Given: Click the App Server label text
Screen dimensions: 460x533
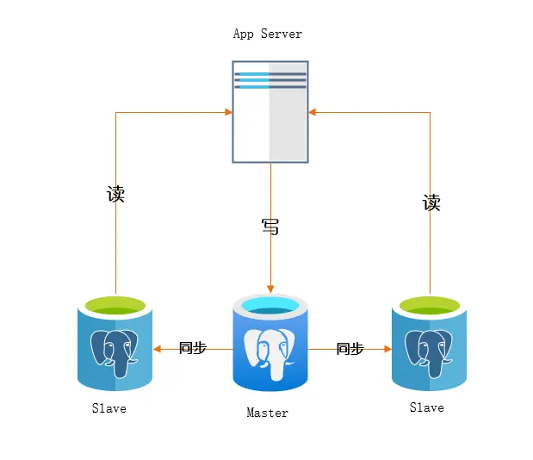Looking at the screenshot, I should tap(268, 34).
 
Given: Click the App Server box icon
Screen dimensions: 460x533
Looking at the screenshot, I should tap(270, 111).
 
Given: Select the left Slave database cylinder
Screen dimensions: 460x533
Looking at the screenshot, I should tap(115, 344).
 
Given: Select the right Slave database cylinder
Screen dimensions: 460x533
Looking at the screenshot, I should tap(429, 344).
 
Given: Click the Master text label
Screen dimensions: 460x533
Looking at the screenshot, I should tap(267, 413).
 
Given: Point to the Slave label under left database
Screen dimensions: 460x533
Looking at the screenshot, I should tap(109, 408).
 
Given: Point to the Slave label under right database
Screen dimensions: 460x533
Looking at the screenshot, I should tap(426, 407).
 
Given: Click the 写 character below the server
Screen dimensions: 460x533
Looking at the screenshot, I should tap(270, 227).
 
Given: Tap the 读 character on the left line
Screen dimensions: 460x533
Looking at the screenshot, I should tap(115, 194).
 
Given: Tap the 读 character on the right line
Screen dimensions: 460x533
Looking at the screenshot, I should tap(431, 203).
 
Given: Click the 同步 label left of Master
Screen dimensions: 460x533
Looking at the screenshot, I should tap(192, 349).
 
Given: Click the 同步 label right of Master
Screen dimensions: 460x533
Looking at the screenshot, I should tap(350, 349).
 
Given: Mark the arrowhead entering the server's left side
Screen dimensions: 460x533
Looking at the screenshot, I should tap(228, 111).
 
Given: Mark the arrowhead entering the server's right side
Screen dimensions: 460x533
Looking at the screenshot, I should tap(313, 111).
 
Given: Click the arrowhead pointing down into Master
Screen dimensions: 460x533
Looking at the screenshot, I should tap(270, 288).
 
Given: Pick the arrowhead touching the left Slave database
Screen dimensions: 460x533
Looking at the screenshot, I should tap(157, 349).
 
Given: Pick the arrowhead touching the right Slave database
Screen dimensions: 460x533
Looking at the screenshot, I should tap(387, 349).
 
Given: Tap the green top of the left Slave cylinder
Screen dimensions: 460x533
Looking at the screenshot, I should tap(115, 305).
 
